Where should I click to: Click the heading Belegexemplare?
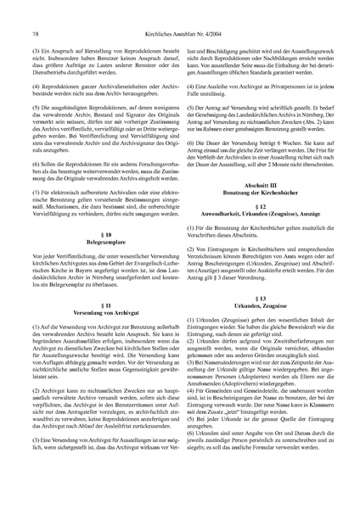point(96,242)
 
